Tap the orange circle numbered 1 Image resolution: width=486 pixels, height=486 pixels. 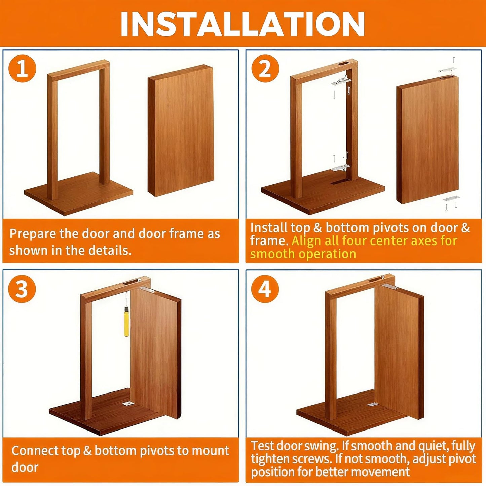pyautogui.click(x=22, y=69)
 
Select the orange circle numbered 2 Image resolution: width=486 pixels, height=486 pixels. pyautogui.click(x=265, y=69)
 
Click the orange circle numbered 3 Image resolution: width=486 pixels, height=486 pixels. pyautogui.click(x=22, y=289)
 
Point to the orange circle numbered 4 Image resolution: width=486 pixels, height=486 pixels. pyautogui.click(x=265, y=289)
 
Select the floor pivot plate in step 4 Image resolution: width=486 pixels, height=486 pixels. pyautogui.click(x=373, y=404)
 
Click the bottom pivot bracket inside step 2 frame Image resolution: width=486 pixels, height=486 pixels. pyautogui.click(x=340, y=167)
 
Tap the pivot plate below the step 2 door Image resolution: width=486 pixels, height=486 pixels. pyautogui.click(x=451, y=199)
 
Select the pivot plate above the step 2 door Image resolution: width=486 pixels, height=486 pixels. pyautogui.click(x=447, y=70)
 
